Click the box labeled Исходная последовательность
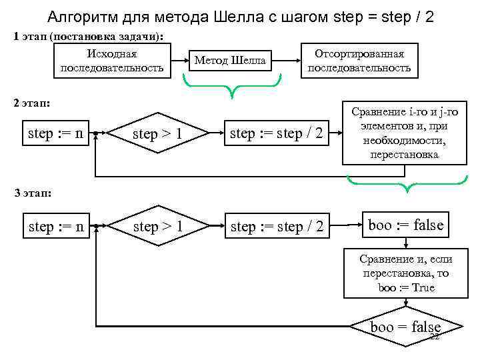pos(112,61)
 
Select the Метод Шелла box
pos(230,61)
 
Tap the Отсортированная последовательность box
pos(359,61)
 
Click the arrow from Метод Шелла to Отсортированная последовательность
pos(287,61)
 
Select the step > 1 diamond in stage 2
pos(158,134)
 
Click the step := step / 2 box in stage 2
pos(276,133)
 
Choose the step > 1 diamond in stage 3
pos(158,227)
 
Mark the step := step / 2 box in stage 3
pos(276,227)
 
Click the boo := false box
pos(405,225)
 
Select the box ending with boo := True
pos(405,273)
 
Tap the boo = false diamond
pos(405,327)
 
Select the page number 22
pos(435,337)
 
